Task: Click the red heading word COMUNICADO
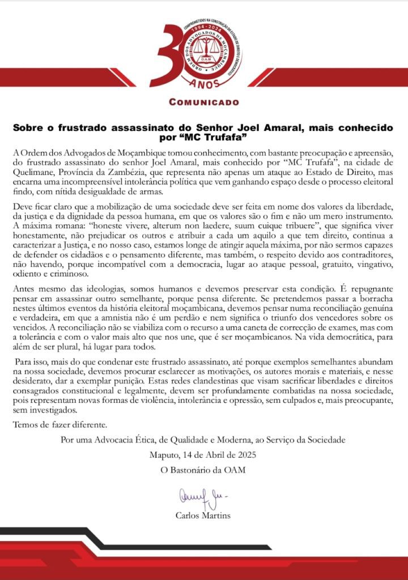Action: click(x=204, y=102)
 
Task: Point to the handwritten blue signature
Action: click(x=202, y=497)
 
